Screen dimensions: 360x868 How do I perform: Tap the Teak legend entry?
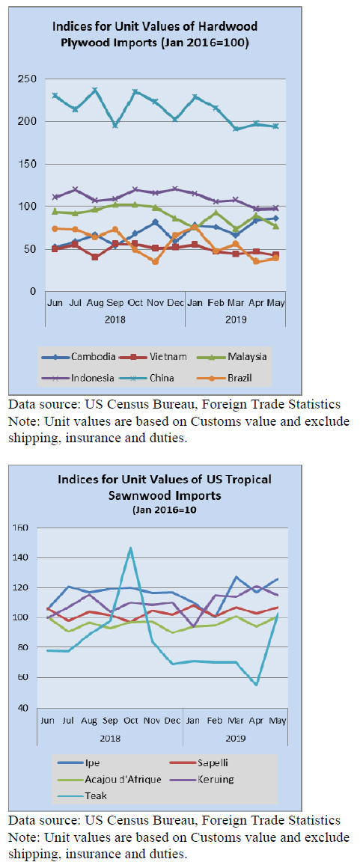82,795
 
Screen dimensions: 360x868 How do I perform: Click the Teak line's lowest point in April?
256,685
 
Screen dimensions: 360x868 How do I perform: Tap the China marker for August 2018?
95,90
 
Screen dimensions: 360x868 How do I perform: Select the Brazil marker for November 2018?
156,261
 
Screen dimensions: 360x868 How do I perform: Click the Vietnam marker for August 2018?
95,257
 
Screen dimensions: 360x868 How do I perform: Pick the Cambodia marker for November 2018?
156,222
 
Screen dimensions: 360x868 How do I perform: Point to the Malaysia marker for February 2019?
216,213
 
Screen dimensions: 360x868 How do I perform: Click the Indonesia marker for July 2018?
76,190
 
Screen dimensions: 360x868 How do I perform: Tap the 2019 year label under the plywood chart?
236,320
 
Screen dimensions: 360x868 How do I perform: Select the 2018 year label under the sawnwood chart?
110,738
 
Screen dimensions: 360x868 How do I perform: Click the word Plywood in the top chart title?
77,41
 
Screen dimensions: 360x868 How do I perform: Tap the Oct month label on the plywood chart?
135,303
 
